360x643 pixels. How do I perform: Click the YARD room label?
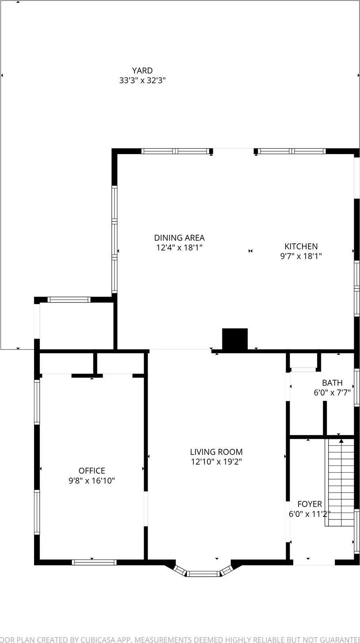(142, 71)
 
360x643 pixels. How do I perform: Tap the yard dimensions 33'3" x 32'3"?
(142, 81)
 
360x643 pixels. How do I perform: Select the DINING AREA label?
(179, 238)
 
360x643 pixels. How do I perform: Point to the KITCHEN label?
(301, 246)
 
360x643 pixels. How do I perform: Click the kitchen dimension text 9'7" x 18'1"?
(301, 256)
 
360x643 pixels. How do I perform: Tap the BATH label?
(332, 383)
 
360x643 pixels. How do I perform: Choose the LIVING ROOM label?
(216, 452)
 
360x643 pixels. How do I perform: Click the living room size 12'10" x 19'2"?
(216, 462)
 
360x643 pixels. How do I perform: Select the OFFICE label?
(92, 471)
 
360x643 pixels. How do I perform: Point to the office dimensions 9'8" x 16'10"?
(92, 481)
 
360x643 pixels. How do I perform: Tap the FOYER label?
(310, 504)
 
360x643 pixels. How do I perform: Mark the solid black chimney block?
(234, 339)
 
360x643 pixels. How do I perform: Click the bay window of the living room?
(203, 574)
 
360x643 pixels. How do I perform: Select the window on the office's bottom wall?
(94, 562)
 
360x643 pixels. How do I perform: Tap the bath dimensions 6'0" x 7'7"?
(332, 392)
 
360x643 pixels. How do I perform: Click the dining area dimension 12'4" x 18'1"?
(179, 248)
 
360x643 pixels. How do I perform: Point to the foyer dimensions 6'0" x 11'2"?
(310, 514)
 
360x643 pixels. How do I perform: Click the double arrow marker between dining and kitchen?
(250, 251)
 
